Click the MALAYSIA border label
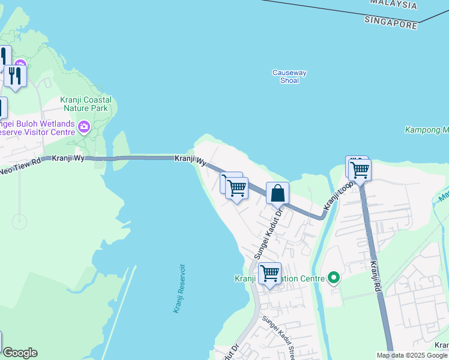pyautogui.click(x=393, y=5)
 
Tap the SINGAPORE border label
pyautogui.click(x=390, y=23)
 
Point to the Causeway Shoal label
pyautogui.click(x=289, y=76)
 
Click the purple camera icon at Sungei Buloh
pyautogui.click(x=83, y=126)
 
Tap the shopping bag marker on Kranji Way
pyautogui.click(x=277, y=193)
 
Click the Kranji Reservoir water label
pyautogui.click(x=178, y=288)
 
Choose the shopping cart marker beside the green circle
pyautogui.click(x=270, y=273)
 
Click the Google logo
pyautogui.click(x=19, y=353)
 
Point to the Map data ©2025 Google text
pyautogui.click(x=412, y=355)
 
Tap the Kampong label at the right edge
pyautogui.click(x=427, y=130)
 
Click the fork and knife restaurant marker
pyautogui.click(x=15, y=75)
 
